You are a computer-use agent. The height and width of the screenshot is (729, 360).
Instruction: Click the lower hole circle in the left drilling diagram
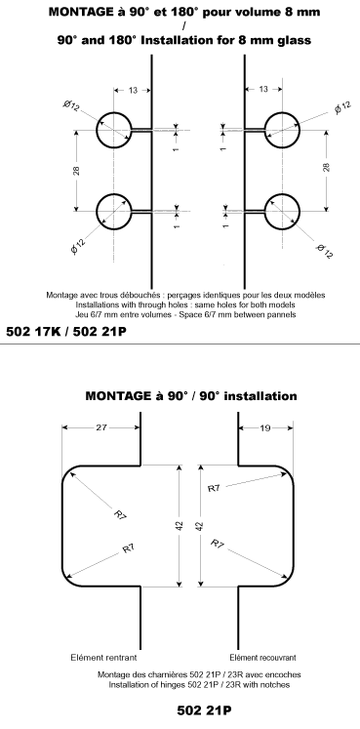pyautogui.click(x=115, y=211)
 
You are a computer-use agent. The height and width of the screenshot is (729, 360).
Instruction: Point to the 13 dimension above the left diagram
pyautogui.click(x=133, y=90)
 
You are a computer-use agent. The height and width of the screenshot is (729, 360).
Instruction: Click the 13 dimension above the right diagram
pyautogui.click(x=264, y=90)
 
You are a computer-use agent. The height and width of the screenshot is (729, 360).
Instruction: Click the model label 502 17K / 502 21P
pyautogui.click(x=66, y=331)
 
